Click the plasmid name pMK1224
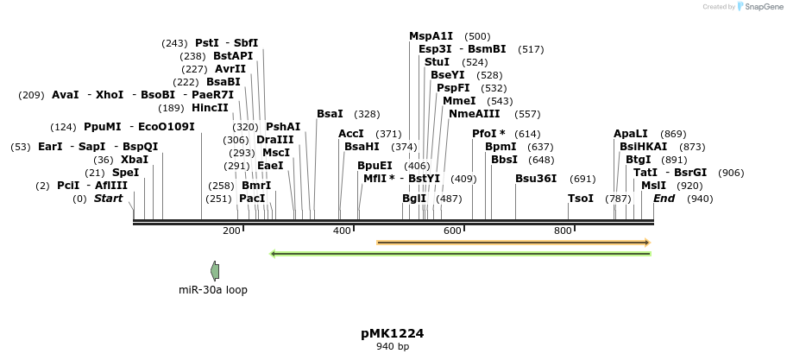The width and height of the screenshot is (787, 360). point(392,333)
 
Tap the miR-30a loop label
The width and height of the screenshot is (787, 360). point(213,290)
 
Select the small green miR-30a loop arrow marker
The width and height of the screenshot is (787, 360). point(215,271)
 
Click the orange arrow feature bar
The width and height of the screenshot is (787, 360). point(513,243)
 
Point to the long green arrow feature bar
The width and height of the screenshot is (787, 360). point(461,254)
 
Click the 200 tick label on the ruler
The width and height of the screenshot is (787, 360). point(231,231)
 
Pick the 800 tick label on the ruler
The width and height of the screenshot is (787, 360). point(563,231)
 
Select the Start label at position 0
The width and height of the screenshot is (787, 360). point(109,199)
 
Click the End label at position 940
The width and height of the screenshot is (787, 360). point(664,199)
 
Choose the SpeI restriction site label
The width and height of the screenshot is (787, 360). point(125,173)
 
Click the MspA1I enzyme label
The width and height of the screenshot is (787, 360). point(431,36)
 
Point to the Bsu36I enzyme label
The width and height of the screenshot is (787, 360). point(536,179)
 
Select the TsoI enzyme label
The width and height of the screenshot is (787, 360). point(580,199)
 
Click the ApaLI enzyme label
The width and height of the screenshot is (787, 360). point(630,134)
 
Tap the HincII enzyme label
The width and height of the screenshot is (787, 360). point(210,108)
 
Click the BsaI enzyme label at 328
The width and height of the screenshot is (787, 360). point(330,114)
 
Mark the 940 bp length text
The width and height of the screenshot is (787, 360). point(392,347)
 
